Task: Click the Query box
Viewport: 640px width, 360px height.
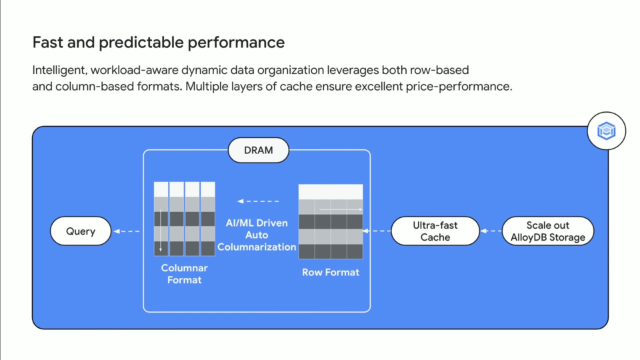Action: coord(81,231)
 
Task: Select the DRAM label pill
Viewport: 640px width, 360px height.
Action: coord(259,150)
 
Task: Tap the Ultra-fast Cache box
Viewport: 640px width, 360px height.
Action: coord(435,231)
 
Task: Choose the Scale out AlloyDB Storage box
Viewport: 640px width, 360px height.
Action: coord(547,231)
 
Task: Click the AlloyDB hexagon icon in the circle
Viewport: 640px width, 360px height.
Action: coord(606,131)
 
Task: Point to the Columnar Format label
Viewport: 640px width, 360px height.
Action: coord(185,274)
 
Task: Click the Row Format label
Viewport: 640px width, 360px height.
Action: coord(331,272)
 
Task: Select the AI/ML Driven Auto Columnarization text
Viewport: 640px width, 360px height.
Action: coord(257,235)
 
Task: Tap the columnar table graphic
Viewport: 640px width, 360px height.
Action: coord(185,219)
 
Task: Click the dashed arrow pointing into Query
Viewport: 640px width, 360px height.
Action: coord(127,231)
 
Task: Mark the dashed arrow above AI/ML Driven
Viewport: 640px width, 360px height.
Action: coord(258,201)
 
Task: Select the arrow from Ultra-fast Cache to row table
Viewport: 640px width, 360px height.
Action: coord(377,231)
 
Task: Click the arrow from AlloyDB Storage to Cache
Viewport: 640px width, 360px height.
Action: coord(491,231)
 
